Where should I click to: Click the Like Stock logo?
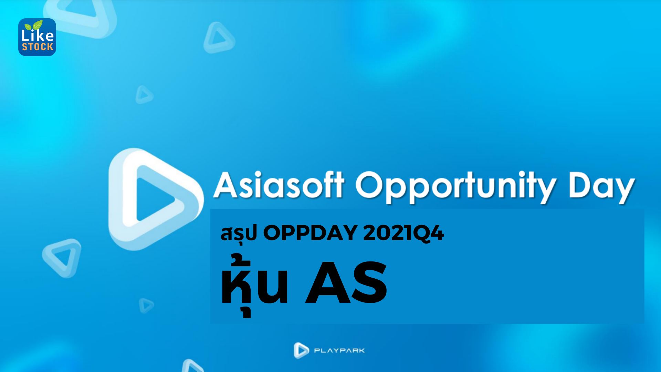37,37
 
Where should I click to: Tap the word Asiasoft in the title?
278,185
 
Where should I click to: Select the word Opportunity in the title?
455,186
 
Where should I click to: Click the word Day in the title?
601,186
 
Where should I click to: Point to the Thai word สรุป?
239,234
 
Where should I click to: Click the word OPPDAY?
310,233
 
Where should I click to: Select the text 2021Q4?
403,233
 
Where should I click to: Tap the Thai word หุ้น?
254,284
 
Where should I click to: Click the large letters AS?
346,283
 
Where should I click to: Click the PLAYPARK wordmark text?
339,351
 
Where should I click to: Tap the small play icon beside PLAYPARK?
301,350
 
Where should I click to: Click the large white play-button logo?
155,199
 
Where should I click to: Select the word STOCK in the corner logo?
38,47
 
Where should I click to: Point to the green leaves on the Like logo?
34,25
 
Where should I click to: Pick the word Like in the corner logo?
37,35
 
